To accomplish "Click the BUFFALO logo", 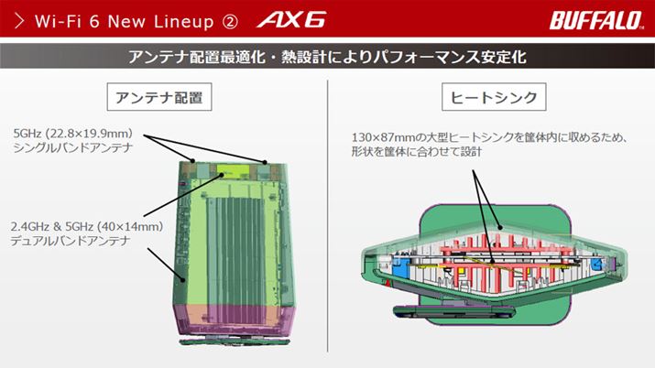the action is pyautogui.click(x=596, y=20).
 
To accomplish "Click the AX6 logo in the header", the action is pyautogui.click(x=291, y=19).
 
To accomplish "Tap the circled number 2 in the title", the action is pyautogui.click(x=230, y=21).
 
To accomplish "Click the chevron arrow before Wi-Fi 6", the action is pyautogui.click(x=19, y=20).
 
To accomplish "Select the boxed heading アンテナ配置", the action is pyautogui.click(x=159, y=97).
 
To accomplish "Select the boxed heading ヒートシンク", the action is pyautogui.click(x=494, y=97).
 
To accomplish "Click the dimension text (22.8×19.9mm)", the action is pyautogui.click(x=89, y=134).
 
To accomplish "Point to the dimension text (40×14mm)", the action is pyautogui.click(x=130, y=226).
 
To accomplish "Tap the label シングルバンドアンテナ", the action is pyautogui.click(x=73, y=147).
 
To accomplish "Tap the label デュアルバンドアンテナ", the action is pyautogui.click(x=71, y=241).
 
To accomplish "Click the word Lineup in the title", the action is pyautogui.click(x=184, y=21).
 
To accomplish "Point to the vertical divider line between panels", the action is pyautogui.click(x=328, y=216).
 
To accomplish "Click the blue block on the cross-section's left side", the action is pyautogui.click(x=401, y=267).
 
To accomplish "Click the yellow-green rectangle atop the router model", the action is pyautogui.click(x=233, y=170).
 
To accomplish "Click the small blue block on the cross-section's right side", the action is pyautogui.click(x=596, y=265).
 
